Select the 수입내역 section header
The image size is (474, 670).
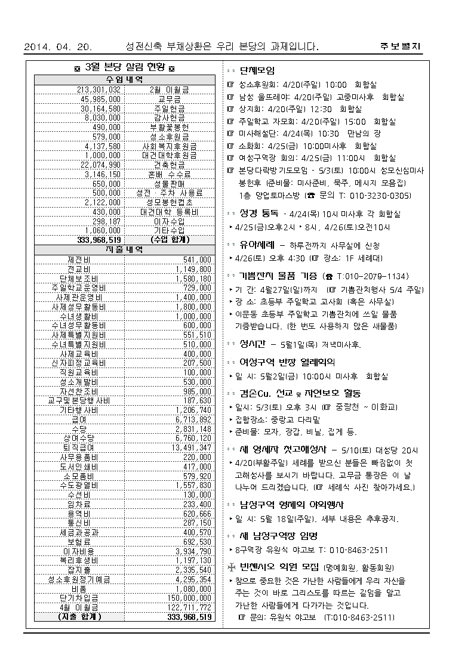[x=124, y=79]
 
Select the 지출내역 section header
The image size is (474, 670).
[x=124, y=249]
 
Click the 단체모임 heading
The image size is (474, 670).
[x=257, y=70]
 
